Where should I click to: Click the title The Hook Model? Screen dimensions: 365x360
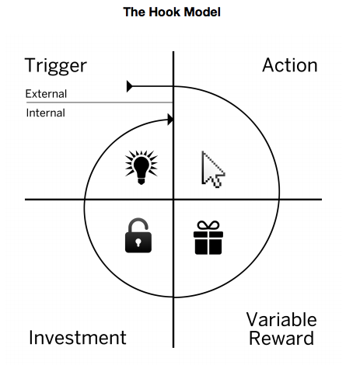pos(172,12)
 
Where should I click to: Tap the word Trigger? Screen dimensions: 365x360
pos(55,65)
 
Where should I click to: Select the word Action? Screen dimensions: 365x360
pos(289,65)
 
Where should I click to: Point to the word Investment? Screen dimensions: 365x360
pos(77,338)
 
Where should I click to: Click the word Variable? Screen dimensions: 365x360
pos(281,319)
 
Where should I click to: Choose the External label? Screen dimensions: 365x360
pos(46,94)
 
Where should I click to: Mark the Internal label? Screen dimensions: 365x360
pos(45,113)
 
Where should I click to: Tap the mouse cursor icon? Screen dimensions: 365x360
pos(211,169)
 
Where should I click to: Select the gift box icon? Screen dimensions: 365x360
pos(208,238)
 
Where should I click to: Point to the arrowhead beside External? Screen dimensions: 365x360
pos(131,85)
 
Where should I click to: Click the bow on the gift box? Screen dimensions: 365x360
pos(208,225)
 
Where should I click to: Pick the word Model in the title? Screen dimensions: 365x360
pos(200,12)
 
